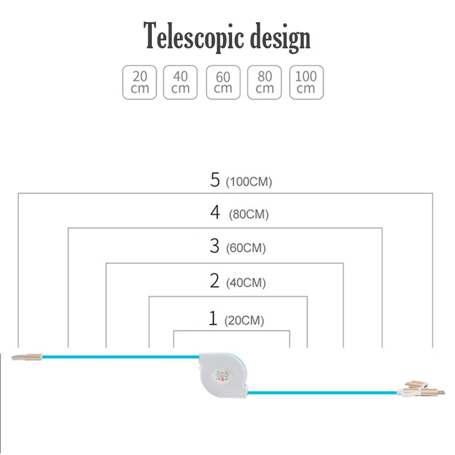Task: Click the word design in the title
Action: (x=279, y=38)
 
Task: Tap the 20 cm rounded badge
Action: (x=139, y=82)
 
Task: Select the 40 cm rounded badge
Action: (x=180, y=82)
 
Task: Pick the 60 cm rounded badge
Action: (x=223, y=82)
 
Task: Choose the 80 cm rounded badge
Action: (x=264, y=82)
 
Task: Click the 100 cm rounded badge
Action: (x=306, y=82)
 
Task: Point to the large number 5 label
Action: (x=214, y=180)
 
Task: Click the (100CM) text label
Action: (x=249, y=183)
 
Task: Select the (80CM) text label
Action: (x=249, y=215)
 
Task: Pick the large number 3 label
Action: (x=214, y=246)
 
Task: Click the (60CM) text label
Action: (x=246, y=249)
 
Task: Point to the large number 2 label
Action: (x=214, y=280)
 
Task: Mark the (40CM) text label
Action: (x=246, y=283)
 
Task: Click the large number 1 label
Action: (x=213, y=318)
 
